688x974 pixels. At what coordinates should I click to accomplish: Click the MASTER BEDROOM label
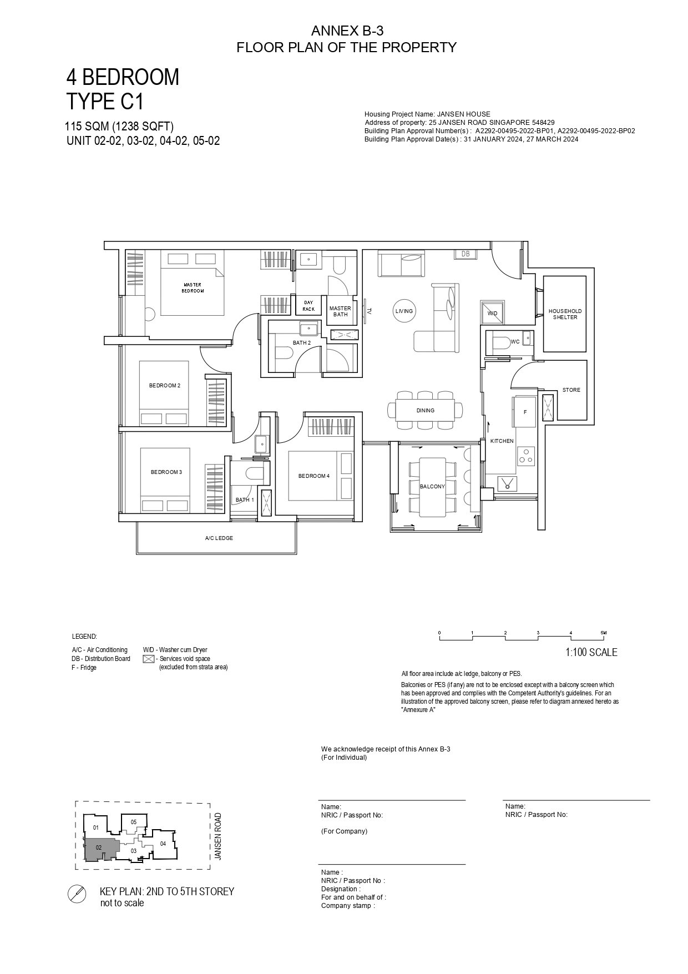coord(193,287)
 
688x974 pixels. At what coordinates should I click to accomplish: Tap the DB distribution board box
coord(465,254)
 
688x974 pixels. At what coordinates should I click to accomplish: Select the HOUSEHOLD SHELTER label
coord(565,314)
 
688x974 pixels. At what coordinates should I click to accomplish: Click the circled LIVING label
coord(404,311)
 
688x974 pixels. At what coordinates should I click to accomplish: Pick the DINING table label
coord(426,411)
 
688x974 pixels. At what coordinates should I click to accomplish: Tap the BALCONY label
coord(432,486)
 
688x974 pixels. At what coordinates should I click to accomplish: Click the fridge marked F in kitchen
coord(525,412)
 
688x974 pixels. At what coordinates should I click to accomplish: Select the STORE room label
coord(571,390)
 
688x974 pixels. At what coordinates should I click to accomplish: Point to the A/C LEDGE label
coord(219,538)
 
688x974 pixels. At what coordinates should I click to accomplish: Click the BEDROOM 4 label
coord(314,476)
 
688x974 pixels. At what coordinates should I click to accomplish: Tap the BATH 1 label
coord(245,499)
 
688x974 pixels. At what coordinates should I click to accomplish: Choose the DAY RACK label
coord(308,306)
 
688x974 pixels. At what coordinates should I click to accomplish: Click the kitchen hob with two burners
coord(525,456)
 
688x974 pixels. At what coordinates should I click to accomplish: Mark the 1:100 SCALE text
coord(591,653)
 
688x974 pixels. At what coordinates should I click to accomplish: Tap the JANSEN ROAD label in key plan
coord(218,836)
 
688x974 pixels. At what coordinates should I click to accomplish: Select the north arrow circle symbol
coord(76,894)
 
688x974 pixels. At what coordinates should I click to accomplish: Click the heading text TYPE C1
coord(105,102)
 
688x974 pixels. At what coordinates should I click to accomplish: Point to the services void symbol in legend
coord(149,659)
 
